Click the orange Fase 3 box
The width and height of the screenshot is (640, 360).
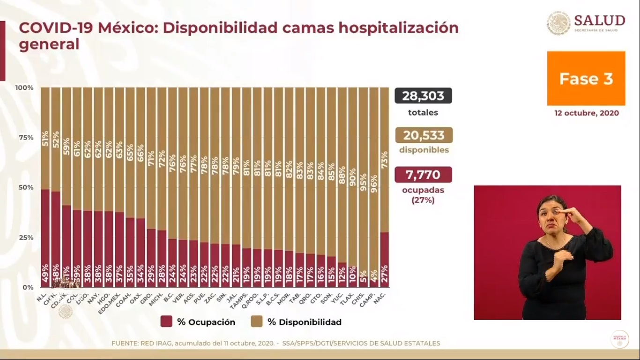tap(586, 78)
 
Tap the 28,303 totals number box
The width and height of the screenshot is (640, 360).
tap(423, 96)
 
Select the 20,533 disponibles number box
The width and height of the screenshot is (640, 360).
tap(423, 135)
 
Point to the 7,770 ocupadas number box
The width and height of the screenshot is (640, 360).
tap(423, 175)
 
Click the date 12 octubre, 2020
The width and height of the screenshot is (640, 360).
tap(586, 113)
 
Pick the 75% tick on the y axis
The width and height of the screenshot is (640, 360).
tap(24, 137)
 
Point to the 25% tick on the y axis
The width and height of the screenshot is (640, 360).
tap(24, 237)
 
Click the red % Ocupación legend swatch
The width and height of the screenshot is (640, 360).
tap(166, 322)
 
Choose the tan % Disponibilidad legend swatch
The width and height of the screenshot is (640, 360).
tap(256, 322)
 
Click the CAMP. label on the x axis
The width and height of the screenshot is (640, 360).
tap(368, 295)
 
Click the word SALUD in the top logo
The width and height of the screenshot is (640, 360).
tap(599, 21)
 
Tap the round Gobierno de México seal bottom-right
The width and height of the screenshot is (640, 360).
tap(619, 339)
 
